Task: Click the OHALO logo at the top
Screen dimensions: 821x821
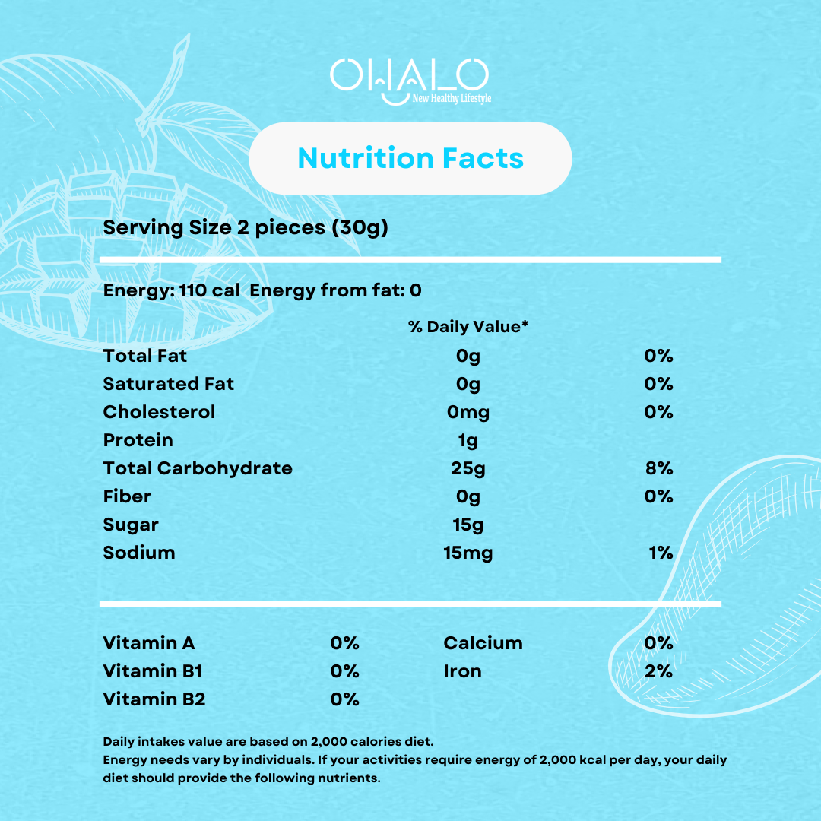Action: (x=409, y=77)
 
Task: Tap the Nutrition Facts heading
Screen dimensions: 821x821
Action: (x=410, y=158)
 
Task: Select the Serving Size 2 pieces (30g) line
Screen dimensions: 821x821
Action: (x=246, y=227)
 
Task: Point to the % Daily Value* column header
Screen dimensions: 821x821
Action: (x=468, y=327)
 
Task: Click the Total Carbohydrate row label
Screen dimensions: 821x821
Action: (x=198, y=468)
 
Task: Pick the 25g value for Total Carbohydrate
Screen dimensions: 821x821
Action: (x=468, y=468)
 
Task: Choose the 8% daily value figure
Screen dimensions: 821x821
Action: (x=658, y=468)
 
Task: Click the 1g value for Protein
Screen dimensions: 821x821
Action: (x=468, y=440)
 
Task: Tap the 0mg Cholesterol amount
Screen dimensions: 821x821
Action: (x=468, y=412)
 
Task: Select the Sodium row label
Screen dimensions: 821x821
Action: (x=139, y=553)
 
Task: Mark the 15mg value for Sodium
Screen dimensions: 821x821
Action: (x=468, y=553)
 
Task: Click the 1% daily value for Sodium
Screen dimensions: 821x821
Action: (x=661, y=553)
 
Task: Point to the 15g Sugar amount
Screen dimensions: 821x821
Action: (x=468, y=525)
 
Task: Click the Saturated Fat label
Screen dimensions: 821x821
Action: (x=169, y=384)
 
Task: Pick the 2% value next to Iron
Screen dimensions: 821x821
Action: (x=658, y=671)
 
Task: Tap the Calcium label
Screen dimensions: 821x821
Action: (x=483, y=643)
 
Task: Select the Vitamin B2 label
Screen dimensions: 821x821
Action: (x=154, y=699)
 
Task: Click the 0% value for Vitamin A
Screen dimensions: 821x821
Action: (x=344, y=643)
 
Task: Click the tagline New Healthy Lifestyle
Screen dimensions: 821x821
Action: (x=452, y=99)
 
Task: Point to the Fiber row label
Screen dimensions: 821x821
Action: (x=127, y=496)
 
